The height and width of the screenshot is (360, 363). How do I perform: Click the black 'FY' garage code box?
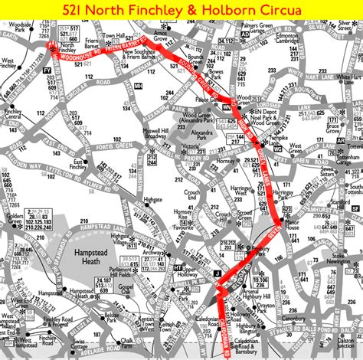tap(47, 70)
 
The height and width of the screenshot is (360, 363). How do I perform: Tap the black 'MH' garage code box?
tap(139, 86)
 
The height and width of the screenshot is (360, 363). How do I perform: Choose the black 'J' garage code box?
tap(217, 274)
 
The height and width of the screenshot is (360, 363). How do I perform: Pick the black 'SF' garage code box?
tap(355, 208)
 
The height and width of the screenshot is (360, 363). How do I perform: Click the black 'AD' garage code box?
tap(244, 34)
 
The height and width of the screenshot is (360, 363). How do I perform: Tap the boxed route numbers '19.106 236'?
tap(280, 284)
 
